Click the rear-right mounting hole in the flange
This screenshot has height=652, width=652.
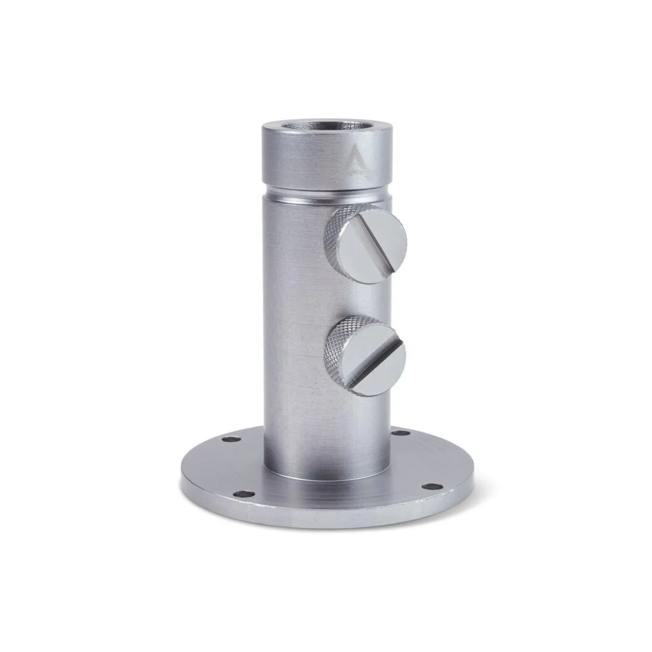400,433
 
